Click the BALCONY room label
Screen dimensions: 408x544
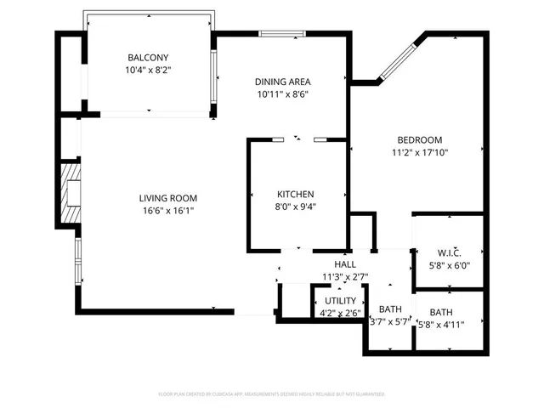point(149,57)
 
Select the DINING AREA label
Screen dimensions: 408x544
point(281,82)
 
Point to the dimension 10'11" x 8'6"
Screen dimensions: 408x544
point(281,94)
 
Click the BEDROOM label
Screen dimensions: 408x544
point(420,140)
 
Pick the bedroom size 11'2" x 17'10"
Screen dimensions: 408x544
point(420,153)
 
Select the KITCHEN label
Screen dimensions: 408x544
point(296,194)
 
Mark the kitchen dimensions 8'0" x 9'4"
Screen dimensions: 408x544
point(296,207)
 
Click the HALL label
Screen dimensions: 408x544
point(344,264)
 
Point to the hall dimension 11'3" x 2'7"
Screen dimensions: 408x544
point(344,276)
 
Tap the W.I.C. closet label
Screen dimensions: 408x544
point(449,252)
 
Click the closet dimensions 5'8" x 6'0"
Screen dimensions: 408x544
point(449,265)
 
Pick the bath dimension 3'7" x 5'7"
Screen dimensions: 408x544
point(390,321)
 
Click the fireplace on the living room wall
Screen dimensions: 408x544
point(72,191)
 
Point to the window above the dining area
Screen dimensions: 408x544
point(281,34)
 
